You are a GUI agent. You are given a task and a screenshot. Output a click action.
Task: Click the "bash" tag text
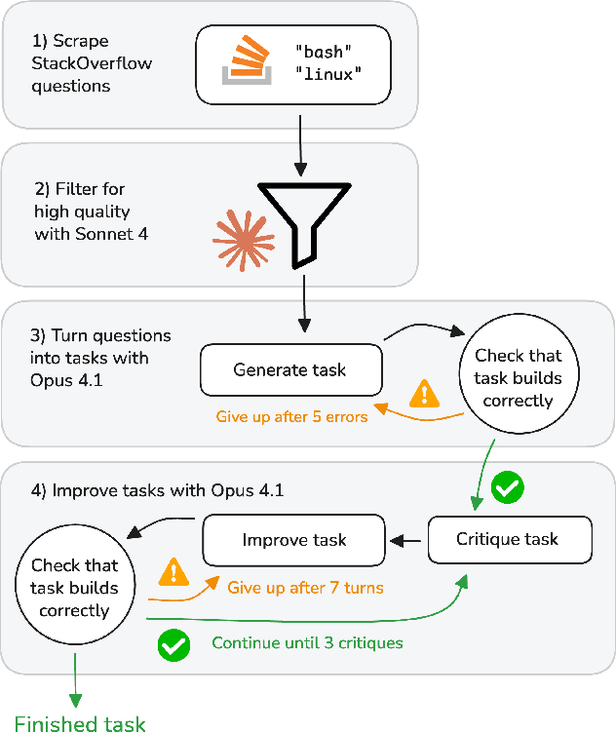pos(322,50)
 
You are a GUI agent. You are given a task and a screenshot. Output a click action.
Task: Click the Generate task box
pos(290,370)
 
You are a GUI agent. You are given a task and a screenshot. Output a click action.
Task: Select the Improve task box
pos(294,539)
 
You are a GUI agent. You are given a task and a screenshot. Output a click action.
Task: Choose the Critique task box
pos(508,539)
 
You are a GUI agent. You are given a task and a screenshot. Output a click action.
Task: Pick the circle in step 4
pos(75,588)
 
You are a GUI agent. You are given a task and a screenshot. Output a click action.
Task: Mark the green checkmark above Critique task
pos(506,488)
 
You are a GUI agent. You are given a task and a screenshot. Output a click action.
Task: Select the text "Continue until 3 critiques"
pos(308,643)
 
